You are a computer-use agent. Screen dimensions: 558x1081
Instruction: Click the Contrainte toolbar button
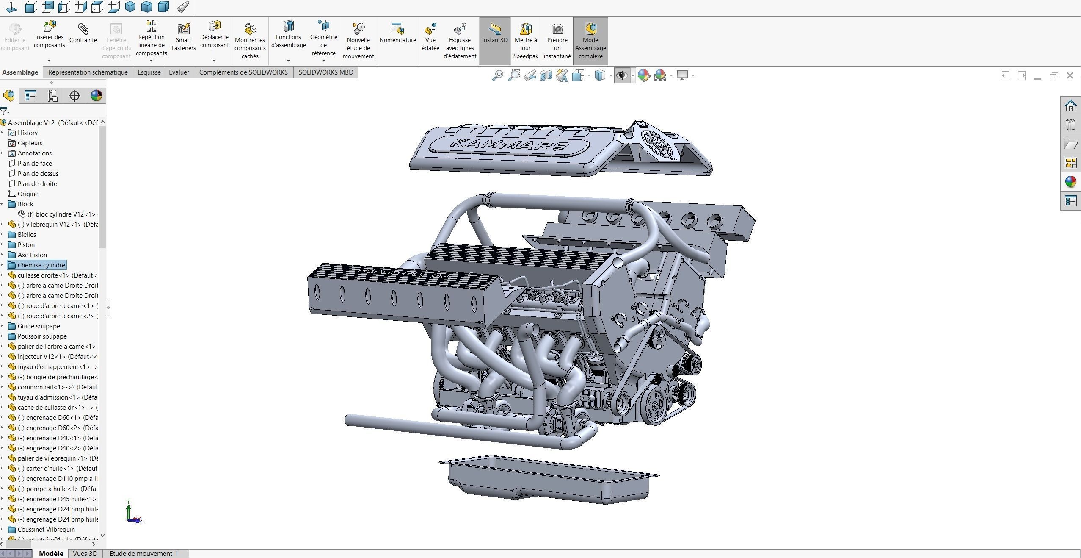point(83,34)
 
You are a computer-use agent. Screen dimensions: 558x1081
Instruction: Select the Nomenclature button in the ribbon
point(397,34)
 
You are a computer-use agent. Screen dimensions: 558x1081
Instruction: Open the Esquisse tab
point(149,72)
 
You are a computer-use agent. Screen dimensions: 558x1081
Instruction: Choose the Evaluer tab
point(179,72)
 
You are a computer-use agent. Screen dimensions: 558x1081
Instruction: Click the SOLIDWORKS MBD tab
point(325,72)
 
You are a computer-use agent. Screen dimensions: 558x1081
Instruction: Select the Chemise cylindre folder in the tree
point(41,265)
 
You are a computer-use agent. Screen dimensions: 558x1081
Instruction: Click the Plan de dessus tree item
point(38,174)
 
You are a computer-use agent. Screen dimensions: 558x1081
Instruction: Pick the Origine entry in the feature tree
point(28,194)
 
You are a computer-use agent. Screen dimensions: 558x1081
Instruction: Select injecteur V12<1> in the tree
point(57,357)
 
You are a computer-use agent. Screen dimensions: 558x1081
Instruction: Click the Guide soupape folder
point(39,326)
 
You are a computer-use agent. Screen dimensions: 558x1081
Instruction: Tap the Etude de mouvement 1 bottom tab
point(143,553)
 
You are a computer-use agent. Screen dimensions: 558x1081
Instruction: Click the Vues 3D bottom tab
point(85,553)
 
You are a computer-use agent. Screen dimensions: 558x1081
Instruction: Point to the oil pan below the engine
point(549,481)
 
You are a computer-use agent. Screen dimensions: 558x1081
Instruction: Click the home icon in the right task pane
point(1070,105)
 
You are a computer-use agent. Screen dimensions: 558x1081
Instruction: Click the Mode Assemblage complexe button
point(590,41)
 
